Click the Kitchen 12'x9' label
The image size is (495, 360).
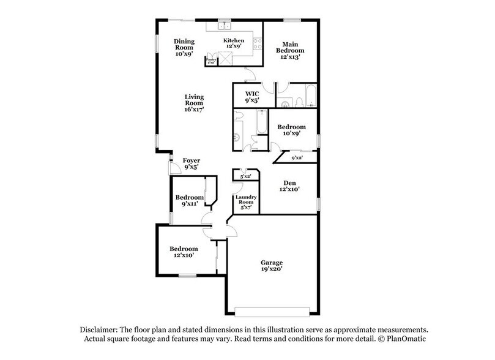coord(234,43)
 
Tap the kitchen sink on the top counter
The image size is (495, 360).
coord(225,26)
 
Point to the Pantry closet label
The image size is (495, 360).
coord(210,61)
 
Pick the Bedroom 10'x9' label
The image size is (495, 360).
coord(291,130)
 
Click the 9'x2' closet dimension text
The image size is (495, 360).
coord(297,159)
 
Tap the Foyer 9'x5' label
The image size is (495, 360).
coord(192,164)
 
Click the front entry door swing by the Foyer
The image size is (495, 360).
coord(173,166)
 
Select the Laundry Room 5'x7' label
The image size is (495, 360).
coord(246,201)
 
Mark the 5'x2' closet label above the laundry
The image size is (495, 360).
coord(246,176)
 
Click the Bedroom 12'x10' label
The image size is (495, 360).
coord(184,252)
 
